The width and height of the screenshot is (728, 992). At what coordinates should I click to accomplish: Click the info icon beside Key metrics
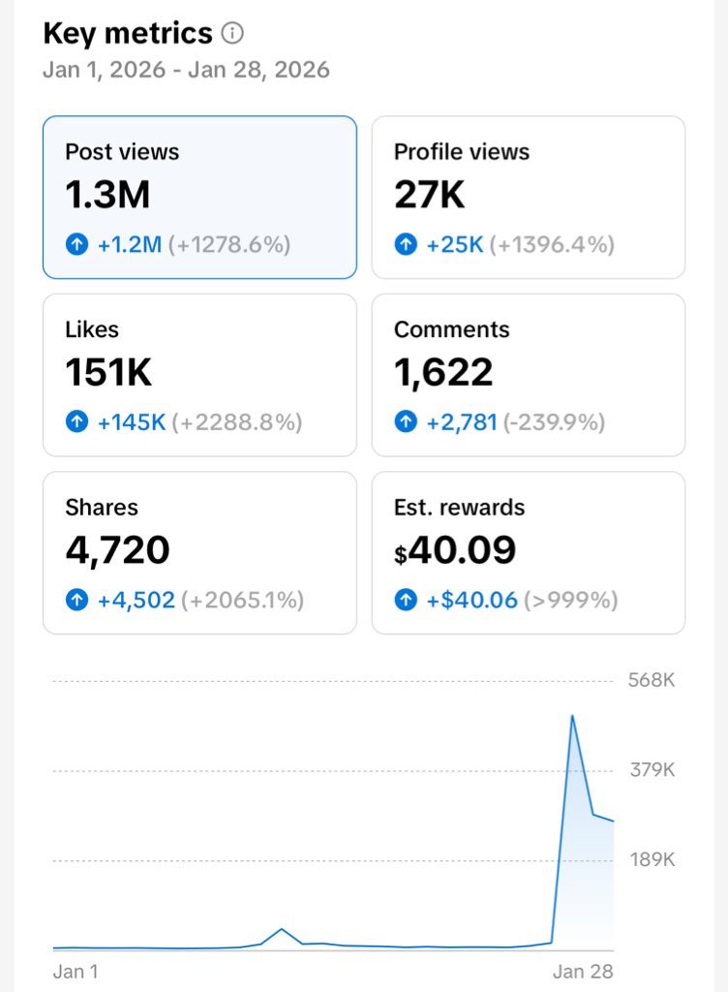pos(232,33)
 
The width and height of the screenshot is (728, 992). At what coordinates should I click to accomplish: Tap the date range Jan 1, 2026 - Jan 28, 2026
pos(187,70)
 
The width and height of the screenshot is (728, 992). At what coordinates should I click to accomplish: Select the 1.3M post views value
pos(107,194)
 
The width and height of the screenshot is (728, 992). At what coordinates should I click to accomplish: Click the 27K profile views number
pos(429,194)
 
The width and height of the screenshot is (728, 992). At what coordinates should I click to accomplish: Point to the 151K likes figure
pos(108,372)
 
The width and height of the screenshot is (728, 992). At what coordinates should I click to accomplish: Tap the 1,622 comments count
pos(443,372)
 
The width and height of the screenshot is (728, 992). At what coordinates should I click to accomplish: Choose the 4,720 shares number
pos(117,550)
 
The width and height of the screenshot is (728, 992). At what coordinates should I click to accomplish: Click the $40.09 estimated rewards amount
pos(455,550)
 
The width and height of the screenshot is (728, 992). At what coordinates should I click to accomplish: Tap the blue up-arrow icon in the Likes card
pos(77,421)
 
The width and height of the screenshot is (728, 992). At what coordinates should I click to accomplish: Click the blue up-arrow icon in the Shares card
pos(77,599)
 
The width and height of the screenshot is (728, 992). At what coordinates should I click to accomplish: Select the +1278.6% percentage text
pos(229,244)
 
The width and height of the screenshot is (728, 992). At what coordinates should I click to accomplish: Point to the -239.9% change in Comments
pos(554,422)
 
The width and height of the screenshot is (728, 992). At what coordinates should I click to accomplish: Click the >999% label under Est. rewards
pos(570,600)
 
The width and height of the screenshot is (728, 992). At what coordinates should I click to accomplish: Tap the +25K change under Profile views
pos(455,244)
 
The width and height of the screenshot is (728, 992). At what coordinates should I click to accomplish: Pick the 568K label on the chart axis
pos(652,680)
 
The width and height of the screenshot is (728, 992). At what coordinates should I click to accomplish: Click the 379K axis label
pos(652,770)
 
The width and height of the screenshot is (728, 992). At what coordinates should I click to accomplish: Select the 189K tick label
pos(652,860)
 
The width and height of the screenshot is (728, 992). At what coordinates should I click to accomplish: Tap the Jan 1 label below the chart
pos(76,971)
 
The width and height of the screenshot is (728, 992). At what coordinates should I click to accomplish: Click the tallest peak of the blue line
pos(572,716)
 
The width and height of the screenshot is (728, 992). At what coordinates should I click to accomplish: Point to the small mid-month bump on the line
pos(281,929)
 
